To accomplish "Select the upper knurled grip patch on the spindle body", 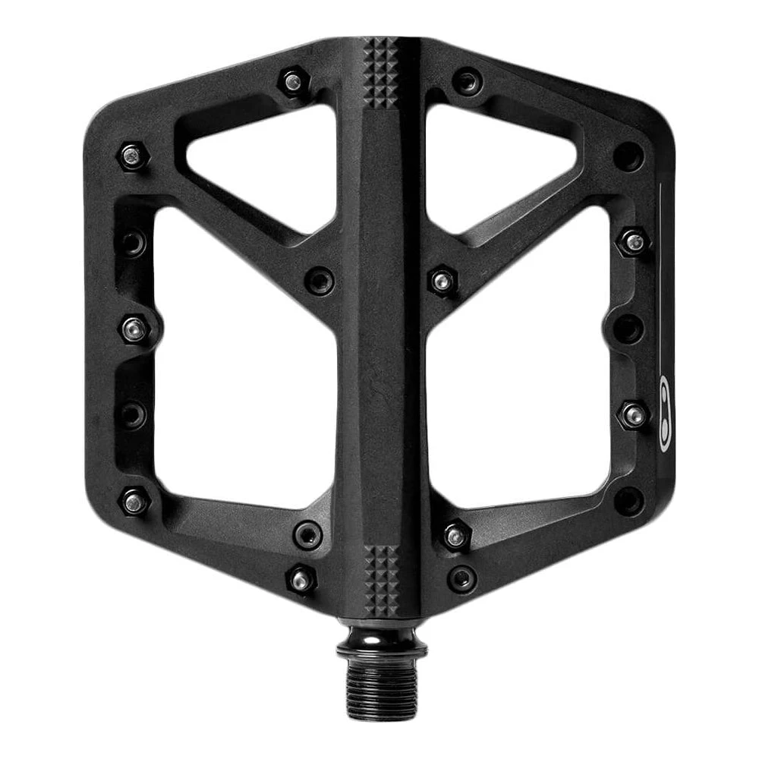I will (x=380, y=72).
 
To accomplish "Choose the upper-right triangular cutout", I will (x=497, y=163).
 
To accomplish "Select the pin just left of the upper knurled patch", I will (x=293, y=80).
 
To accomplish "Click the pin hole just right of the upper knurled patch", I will (x=468, y=80).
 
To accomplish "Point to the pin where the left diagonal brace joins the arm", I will (x=320, y=280).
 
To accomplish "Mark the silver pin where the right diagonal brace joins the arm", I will (x=442, y=280).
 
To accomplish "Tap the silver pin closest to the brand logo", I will (x=633, y=414).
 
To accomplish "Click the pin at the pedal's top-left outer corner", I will (x=132, y=156).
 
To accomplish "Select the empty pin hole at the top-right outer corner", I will (x=627, y=156).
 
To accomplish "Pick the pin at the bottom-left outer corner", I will (x=134, y=501).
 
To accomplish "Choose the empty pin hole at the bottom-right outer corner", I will (x=627, y=501).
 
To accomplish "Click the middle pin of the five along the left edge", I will (x=135, y=329).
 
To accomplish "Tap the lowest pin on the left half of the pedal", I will (x=301, y=580).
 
